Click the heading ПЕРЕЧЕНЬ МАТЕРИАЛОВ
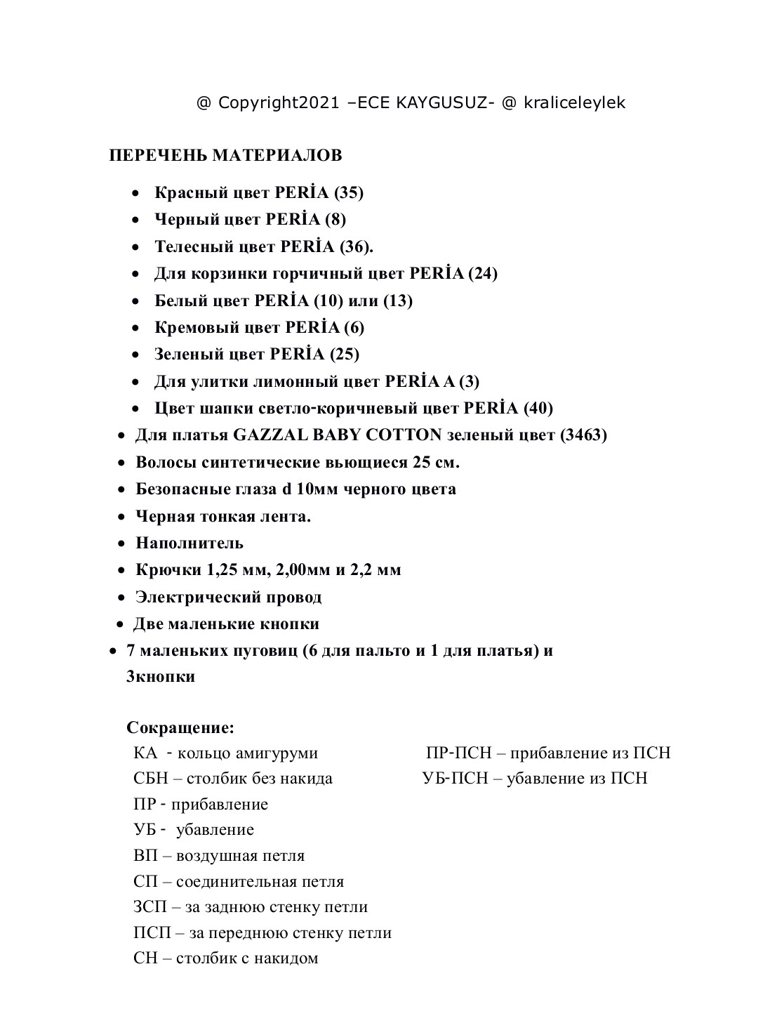coord(225,155)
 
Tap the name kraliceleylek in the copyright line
coord(573,103)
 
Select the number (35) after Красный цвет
coord(348,192)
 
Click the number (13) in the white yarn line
coord(397,301)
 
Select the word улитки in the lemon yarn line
coord(216,381)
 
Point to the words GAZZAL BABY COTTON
coord(337,435)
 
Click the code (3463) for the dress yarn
coord(583,435)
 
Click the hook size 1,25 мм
coord(233,569)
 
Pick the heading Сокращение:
coord(180,727)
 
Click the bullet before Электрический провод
coord(121,598)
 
